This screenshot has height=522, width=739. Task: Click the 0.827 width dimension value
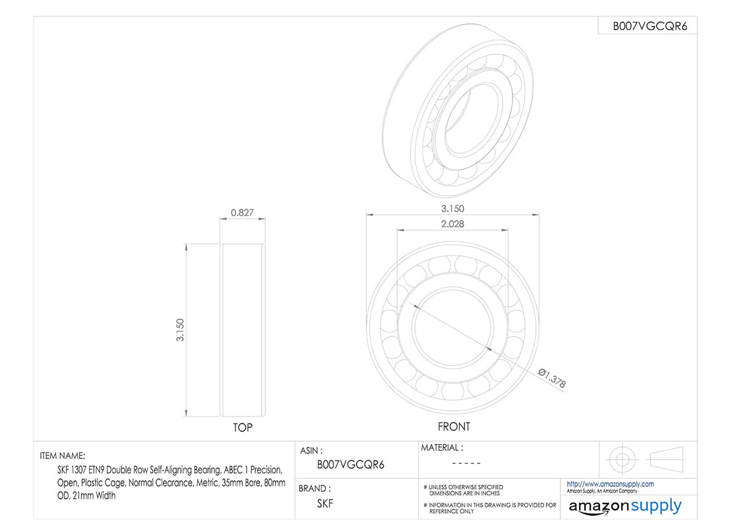(242, 213)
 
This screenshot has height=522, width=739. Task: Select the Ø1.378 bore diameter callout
(552, 378)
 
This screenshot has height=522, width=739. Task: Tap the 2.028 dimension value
(452, 224)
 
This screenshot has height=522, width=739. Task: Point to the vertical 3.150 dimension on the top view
(180, 330)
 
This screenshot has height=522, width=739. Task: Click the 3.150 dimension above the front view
(452, 208)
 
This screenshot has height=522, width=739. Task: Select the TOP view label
(243, 428)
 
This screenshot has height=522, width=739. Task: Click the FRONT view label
(454, 426)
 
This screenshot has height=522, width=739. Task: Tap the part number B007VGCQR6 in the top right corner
(650, 27)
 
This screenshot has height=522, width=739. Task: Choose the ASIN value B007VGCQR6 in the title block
(350, 465)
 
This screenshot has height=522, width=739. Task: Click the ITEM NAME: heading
(63, 456)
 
